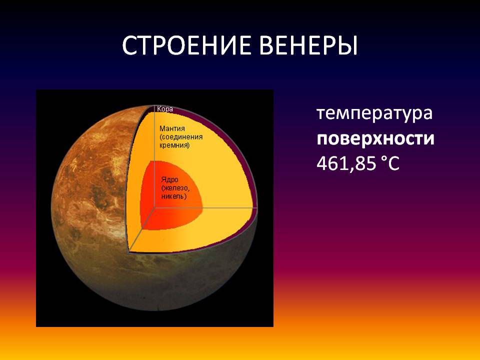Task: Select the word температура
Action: (374, 114)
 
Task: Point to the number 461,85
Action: (346, 163)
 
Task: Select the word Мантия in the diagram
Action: (172, 128)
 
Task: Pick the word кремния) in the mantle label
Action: (174, 145)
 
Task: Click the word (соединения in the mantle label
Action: (181, 137)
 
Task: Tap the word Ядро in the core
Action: (169, 179)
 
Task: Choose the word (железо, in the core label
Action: (175, 188)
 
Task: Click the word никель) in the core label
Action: (173, 196)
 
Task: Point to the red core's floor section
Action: (171, 218)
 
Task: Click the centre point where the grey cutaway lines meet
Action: (154, 207)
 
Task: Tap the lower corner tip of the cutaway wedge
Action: (129, 252)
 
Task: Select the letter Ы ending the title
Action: (349, 45)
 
